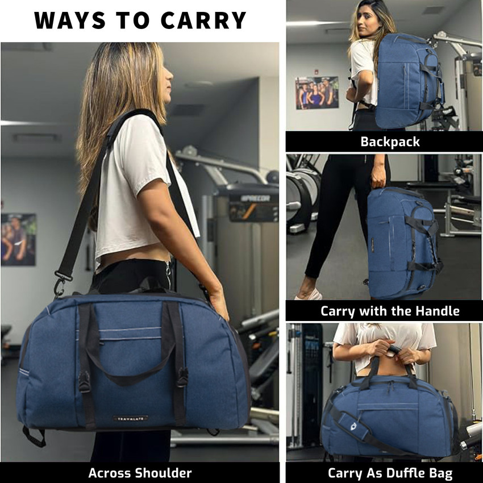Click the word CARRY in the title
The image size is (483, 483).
click(x=203, y=20)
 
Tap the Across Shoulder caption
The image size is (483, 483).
click(x=140, y=473)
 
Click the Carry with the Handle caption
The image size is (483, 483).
click(x=390, y=311)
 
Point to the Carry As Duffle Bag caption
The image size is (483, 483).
click(x=390, y=473)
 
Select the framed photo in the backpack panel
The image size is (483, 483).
click(x=317, y=93)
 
